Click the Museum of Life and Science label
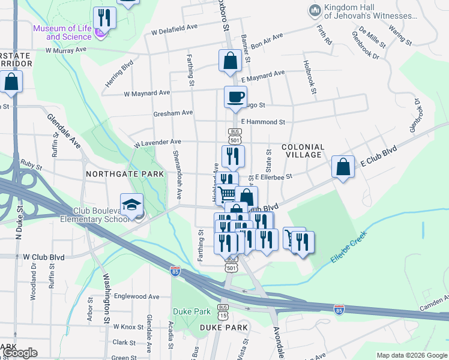(62, 32)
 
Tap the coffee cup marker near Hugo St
(235, 96)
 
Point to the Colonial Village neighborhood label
(303, 151)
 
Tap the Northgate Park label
(125, 174)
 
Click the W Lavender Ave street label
(157, 143)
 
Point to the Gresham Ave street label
(173, 112)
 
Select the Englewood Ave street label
(136, 296)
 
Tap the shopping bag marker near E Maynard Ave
(230, 61)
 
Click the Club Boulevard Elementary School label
(100, 215)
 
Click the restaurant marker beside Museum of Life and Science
(105, 17)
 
